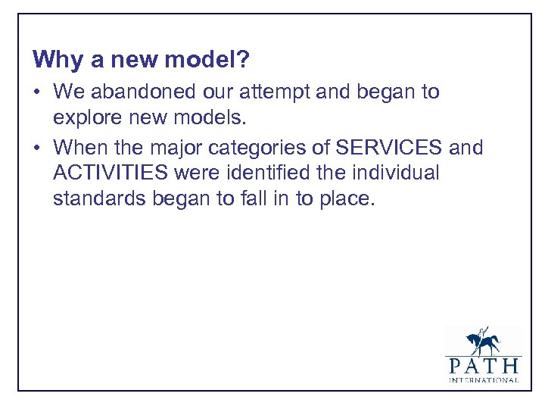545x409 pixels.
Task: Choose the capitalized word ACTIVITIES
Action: (x=111, y=173)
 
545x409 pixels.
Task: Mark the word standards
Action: (x=95, y=200)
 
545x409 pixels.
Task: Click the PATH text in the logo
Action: (x=483, y=366)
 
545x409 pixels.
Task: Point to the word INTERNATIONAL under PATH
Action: (x=483, y=380)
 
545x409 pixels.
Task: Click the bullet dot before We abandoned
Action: (x=37, y=93)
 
